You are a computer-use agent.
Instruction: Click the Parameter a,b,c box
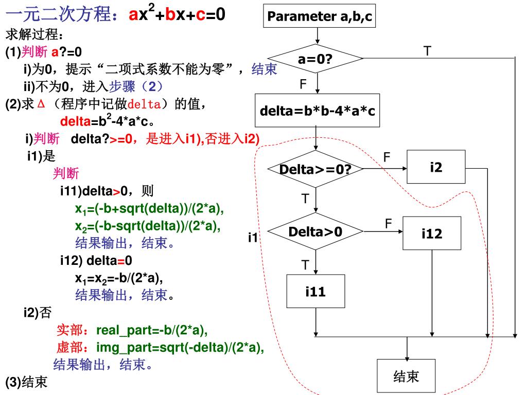coord(319,16)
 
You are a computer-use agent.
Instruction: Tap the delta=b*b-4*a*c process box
coord(318,110)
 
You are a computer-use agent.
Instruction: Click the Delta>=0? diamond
coord(315,169)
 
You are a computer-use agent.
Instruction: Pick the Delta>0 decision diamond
coord(315,232)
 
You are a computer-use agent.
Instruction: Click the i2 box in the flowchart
coord(436,167)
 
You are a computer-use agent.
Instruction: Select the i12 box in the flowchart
coord(432,234)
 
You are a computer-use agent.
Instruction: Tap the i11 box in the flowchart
coord(315,292)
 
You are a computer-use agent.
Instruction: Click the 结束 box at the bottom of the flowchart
coord(407,376)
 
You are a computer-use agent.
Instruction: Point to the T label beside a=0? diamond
coord(427,50)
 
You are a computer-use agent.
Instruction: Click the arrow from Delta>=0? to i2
coord(385,168)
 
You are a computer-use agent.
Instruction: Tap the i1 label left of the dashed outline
coord(253,238)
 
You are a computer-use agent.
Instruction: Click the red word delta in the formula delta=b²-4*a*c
coord(76,122)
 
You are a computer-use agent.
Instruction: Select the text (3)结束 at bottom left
coord(27,383)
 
